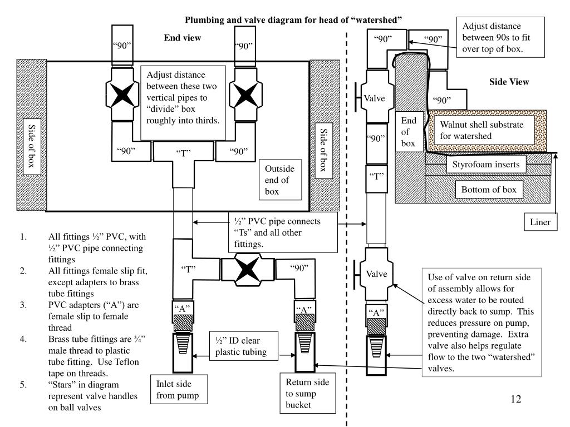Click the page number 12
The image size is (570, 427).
click(516, 399)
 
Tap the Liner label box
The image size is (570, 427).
click(540, 222)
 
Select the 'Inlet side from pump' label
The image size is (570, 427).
click(179, 389)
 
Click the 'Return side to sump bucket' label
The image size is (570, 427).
click(307, 393)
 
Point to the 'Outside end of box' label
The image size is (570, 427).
click(281, 180)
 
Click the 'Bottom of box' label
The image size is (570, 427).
click(489, 189)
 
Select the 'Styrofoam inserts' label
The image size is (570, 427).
click(486, 164)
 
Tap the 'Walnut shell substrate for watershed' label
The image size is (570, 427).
click(481, 130)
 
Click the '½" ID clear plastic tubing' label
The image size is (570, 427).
click(244, 346)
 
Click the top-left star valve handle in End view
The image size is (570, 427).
click(122, 95)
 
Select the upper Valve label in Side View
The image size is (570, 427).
click(375, 98)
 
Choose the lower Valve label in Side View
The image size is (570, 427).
click(377, 274)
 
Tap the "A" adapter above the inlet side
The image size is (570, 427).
click(182, 308)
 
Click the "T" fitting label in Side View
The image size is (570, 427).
click(377, 176)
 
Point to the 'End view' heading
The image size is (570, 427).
click(182, 38)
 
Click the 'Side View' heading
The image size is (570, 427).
click(509, 82)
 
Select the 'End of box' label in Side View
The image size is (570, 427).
click(409, 131)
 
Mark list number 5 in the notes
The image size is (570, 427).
click(23, 385)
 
